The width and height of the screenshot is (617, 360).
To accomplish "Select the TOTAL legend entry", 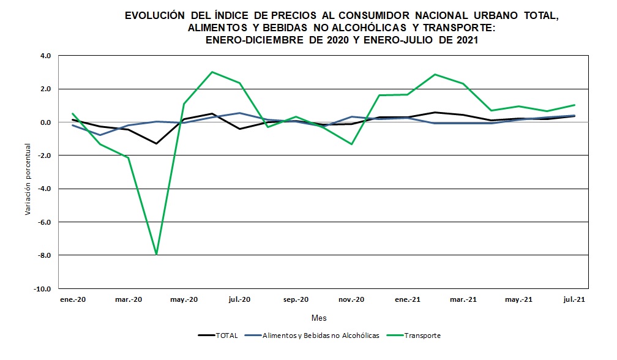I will tap(226, 336).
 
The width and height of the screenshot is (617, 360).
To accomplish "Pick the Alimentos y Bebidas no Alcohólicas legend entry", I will tap(320, 336).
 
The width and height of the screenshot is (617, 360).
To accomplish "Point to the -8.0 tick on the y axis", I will tap(46, 255).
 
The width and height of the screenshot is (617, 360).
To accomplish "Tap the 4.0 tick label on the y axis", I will tap(48, 56).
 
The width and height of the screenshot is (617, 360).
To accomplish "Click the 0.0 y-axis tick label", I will tap(48, 122).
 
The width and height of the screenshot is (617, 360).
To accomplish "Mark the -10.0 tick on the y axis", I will tap(45, 288).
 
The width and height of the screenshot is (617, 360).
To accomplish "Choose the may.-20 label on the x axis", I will tap(184, 299).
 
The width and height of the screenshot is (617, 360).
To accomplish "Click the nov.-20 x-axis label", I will tap(351, 299).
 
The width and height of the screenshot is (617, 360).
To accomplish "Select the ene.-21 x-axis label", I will tap(407, 299).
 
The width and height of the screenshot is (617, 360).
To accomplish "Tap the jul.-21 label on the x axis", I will tap(574, 299).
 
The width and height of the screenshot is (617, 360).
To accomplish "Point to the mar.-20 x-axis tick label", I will tap(128, 299).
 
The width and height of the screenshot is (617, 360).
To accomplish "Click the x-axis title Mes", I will tap(319, 318).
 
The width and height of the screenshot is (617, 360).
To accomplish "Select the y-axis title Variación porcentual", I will tap(27, 179).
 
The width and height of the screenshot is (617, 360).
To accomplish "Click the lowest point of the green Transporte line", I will tap(157, 254).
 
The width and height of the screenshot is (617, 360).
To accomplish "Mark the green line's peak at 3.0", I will tap(212, 72).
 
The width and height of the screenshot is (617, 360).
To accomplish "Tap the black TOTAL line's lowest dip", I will tap(157, 143).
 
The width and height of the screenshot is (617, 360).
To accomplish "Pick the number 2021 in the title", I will tap(465, 40).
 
